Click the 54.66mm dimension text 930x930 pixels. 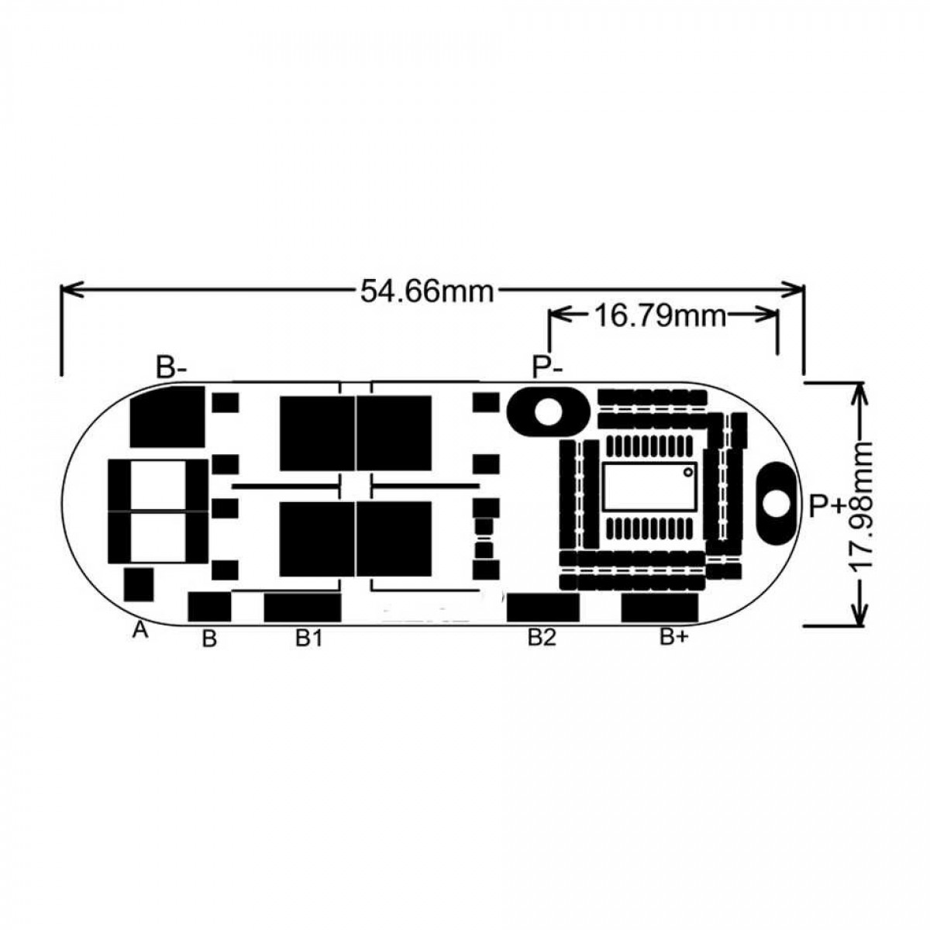pos(426,291)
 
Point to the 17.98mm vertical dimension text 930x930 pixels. pos(862,507)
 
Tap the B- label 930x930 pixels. pos(171,367)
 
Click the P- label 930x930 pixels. pos(546,367)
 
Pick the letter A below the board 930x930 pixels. pos(139,631)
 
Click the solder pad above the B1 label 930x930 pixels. pos(302,607)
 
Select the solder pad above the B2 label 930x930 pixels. pos(543,607)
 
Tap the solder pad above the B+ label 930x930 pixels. pos(660,607)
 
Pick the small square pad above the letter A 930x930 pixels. pos(139,585)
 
